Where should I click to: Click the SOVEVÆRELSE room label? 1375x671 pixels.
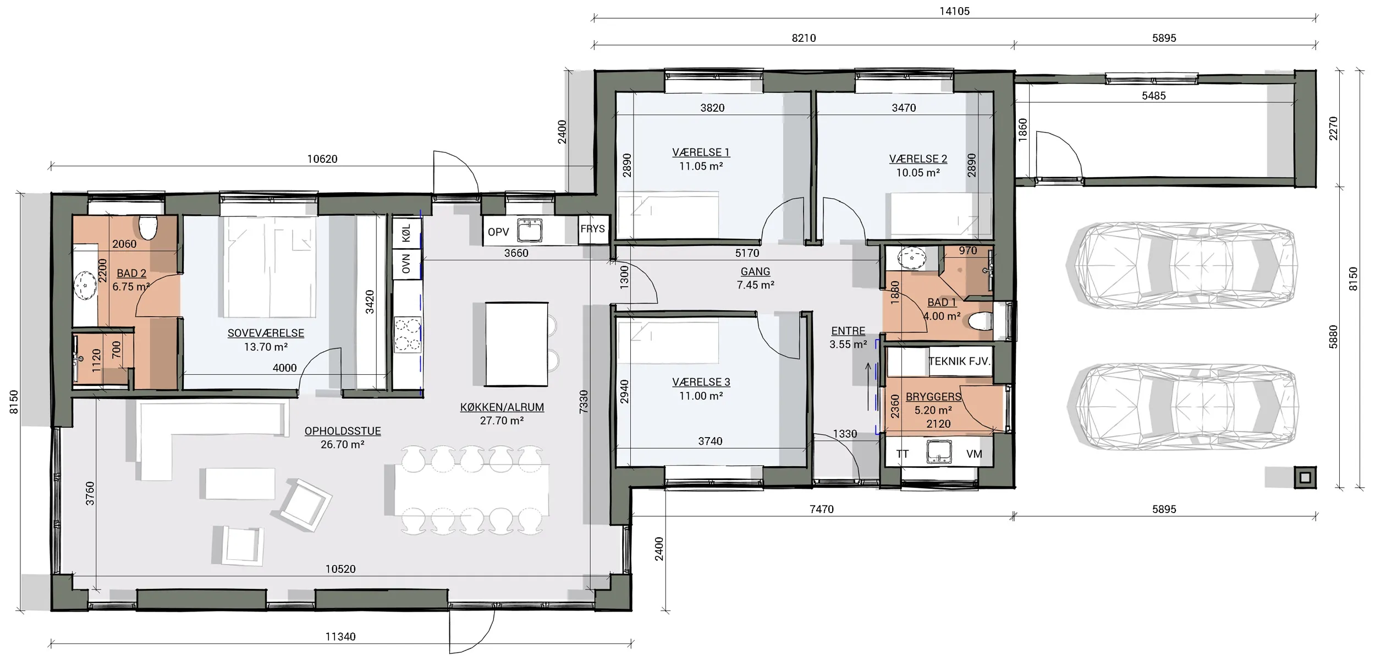[x=266, y=333]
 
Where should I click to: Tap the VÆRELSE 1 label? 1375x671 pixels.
[x=701, y=152]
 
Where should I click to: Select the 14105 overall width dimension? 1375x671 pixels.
[x=954, y=11]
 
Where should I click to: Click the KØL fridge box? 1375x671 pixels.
[x=406, y=233]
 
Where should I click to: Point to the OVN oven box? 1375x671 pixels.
[x=406, y=264]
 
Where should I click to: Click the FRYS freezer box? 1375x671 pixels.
[x=592, y=229]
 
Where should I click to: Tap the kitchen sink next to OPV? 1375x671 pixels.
[x=530, y=231]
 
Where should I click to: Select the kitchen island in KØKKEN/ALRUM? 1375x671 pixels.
[x=516, y=344]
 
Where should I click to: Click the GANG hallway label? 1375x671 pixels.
[x=755, y=271]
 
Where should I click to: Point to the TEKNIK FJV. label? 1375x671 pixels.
[x=959, y=362]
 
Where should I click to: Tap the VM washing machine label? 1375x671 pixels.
[x=974, y=454]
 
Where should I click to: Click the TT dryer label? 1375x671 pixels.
[x=902, y=454]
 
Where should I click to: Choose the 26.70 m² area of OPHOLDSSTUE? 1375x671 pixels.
[x=342, y=444]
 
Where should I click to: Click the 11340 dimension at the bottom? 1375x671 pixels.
[x=340, y=636]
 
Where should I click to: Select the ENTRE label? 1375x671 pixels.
[x=848, y=331]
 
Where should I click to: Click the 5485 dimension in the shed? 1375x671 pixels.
[x=1153, y=96]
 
